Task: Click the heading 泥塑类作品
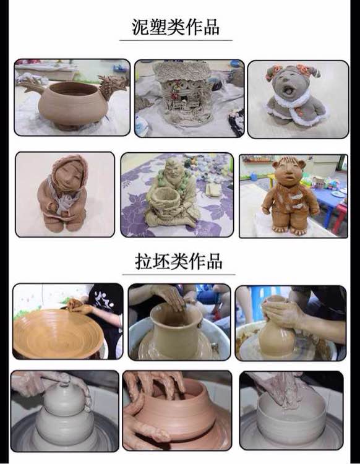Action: [176, 27]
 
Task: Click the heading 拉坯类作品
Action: [178, 261]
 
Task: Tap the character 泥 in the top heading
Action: [140, 27]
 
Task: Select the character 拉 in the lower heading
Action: [144, 262]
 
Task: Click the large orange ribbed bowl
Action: [58, 333]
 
